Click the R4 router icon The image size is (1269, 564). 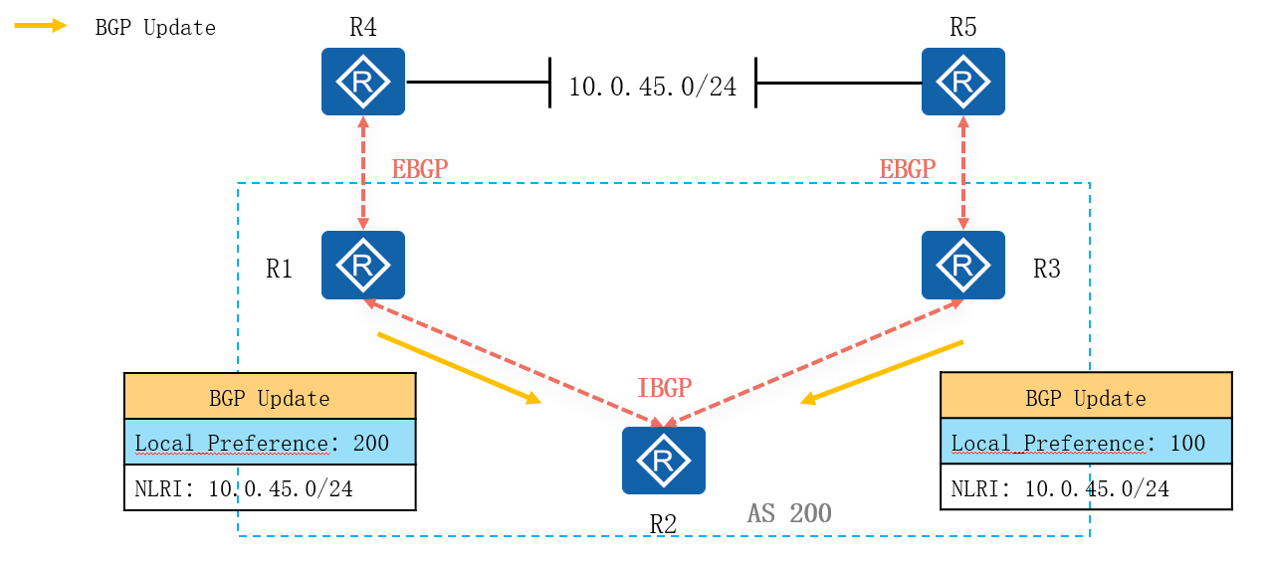[x=363, y=82]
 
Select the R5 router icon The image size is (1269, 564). [x=962, y=82]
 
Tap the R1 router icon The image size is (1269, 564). [x=363, y=265]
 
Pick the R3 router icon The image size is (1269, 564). [x=962, y=265]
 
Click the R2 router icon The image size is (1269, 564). [x=663, y=461]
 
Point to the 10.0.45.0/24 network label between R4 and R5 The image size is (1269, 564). [x=652, y=87]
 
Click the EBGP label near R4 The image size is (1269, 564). [x=419, y=169]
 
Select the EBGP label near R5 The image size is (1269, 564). [x=907, y=169]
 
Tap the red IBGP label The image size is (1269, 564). [x=664, y=388]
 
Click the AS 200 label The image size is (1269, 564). [x=789, y=513]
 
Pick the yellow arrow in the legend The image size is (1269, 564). [x=41, y=26]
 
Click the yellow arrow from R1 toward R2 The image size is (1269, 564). [x=459, y=368]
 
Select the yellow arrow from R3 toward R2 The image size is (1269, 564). [x=883, y=372]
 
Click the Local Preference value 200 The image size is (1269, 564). [x=371, y=443]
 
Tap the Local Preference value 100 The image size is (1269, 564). [x=1187, y=443]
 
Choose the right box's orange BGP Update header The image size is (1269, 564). [x=1086, y=398]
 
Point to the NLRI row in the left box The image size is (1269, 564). [x=270, y=488]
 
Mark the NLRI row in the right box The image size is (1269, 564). [x=1086, y=488]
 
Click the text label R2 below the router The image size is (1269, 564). [x=663, y=524]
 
